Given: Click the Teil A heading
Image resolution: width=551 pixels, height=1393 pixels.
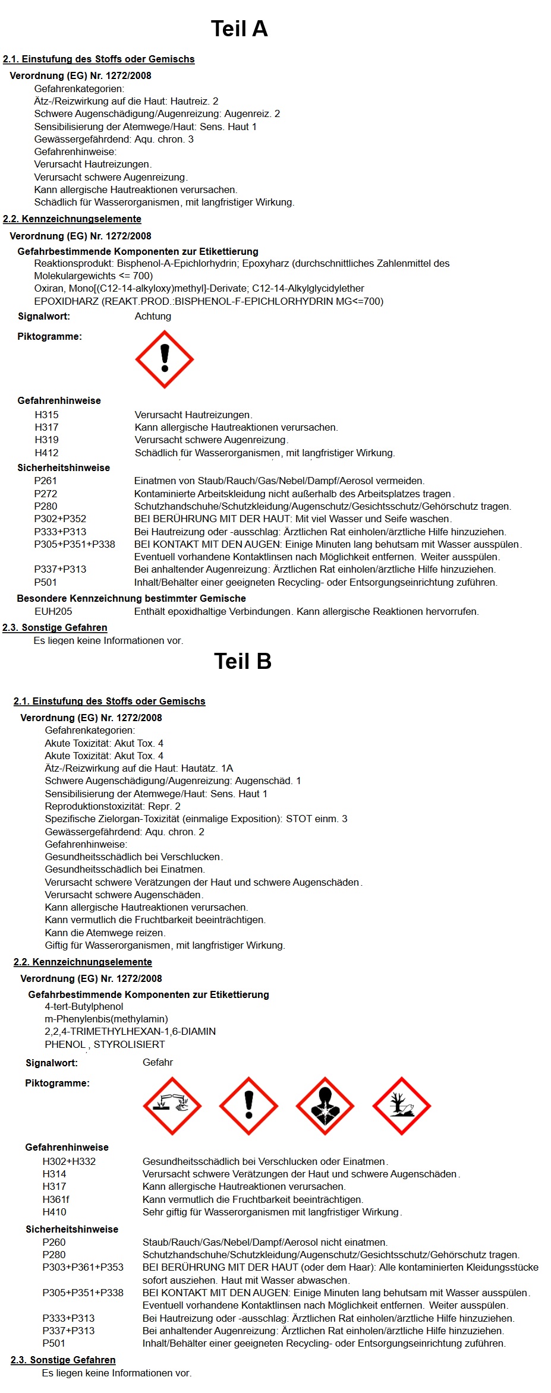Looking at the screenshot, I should [x=239, y=29].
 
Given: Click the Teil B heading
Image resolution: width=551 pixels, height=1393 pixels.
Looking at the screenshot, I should [x=243, y=661].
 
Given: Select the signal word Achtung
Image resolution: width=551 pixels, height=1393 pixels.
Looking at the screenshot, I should [x=153, y=316].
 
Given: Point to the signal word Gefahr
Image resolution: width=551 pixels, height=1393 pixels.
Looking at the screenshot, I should [x=158, y=1062].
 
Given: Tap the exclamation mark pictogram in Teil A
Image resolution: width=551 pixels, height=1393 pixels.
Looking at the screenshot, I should [x=165, y=359].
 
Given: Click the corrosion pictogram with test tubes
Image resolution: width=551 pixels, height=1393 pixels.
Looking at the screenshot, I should [x=172, y=1105].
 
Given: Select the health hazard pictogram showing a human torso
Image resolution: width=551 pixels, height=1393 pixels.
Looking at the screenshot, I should [x=325, y=1105].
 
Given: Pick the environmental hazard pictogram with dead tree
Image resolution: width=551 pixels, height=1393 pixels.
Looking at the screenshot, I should [x=401, y=1105].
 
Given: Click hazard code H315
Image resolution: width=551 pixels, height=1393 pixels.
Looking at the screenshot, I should [x=47, y=415].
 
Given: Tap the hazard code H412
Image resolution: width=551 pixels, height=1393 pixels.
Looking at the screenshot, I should [x=47, y=453].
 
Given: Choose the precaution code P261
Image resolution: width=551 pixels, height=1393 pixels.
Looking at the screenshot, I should [x=46, y=481].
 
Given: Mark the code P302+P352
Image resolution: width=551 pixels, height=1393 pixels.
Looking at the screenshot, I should [x=60, y=519].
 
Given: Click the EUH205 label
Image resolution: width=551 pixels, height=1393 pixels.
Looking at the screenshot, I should [x=53, y=611].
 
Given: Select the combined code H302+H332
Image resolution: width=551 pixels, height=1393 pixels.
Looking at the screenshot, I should [x=69, y=1161].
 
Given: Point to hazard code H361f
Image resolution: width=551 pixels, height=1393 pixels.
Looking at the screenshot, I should [x=56, y=1199].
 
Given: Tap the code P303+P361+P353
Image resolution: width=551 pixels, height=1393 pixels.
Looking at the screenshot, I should [x=83, y=1267].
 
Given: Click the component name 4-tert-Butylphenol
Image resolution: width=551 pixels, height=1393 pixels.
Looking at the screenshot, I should [x=84, y=1006].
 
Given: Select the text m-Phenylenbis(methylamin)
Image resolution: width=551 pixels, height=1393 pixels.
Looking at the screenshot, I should [x=106, y=1019].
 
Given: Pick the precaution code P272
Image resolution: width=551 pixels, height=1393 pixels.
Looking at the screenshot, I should [x=46, y=494].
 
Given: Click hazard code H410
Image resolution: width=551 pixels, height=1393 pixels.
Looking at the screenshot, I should [x=55, y=1212].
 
